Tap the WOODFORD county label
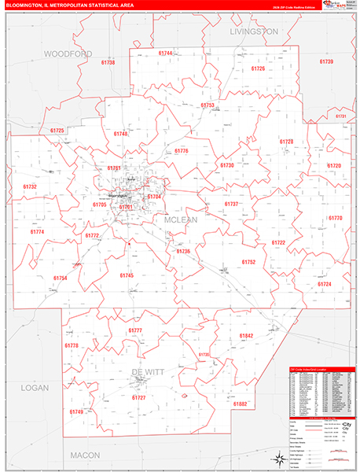[x=68, y=53]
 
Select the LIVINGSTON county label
[x=254, y=31]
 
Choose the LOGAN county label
[x=33, y=388]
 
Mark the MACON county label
[x=85, y=455]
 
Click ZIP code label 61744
[x=164, y=53]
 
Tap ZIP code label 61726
[x=258, y=69]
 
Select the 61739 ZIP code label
[x=326, y=61]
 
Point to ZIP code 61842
[x=246, y=336]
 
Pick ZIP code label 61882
[x=240, y=404]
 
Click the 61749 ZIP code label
[x=76, y=411]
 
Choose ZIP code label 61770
[x=336, y=217]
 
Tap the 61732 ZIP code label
[x=30, y=186]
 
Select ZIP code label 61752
[x=248, y=261]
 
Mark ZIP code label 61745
[x=127, y=275]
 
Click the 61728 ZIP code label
[x=286, y=142]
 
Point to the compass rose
[x=281, y=459]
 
